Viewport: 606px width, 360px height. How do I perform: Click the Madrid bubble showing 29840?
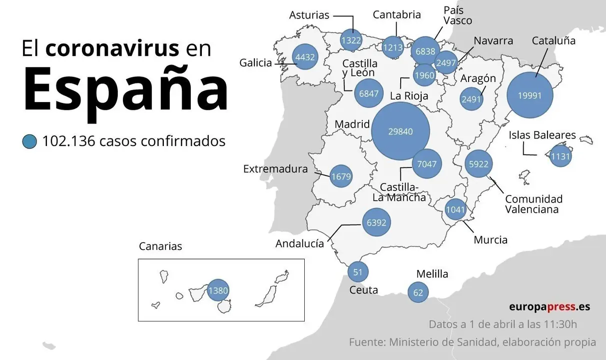401,131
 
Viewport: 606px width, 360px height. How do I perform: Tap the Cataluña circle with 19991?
530,95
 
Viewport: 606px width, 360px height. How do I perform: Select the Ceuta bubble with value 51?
358,272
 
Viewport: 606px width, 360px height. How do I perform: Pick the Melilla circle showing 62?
418,292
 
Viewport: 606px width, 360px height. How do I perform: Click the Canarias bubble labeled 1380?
218,290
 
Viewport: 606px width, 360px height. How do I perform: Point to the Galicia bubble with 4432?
305,57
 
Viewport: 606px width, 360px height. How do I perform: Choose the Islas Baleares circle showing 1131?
560,156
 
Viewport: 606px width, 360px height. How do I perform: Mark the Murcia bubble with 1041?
455,209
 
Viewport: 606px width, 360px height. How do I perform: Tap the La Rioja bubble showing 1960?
424,75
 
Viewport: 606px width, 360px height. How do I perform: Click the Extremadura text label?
275,169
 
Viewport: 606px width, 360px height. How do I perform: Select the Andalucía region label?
300,243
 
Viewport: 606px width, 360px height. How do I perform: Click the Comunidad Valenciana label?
533,204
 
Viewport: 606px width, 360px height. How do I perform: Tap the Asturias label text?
309,15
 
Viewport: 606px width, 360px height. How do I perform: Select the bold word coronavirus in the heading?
112,48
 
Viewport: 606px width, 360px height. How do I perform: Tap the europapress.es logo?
549,306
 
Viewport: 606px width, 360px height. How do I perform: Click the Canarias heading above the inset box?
160,246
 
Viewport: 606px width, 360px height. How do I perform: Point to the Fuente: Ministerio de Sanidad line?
472,342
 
